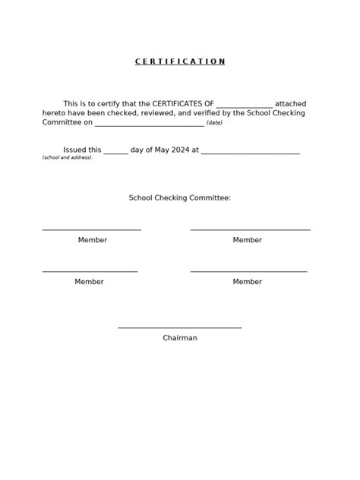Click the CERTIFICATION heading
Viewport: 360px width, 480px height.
pos(180,62)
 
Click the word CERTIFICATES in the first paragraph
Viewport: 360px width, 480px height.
pos(182,103)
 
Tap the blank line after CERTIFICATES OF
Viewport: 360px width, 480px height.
pos(244,106)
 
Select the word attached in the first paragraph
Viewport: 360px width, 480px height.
pos(290,103)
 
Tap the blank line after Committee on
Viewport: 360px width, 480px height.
pos(150,125)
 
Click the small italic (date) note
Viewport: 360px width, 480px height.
pos(214,122)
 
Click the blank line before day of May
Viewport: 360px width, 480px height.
pos(115,153)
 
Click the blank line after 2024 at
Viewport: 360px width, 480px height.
pos(251,153)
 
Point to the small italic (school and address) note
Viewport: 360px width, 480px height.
pos(67,157)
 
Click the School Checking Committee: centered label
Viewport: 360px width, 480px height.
pos(180,197)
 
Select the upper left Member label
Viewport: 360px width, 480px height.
pos(93,240)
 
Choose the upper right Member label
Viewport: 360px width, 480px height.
pos(248,240)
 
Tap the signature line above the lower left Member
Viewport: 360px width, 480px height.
pos(90,271)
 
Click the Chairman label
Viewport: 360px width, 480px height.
pos(180,338)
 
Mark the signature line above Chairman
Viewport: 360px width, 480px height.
pos(180,327)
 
